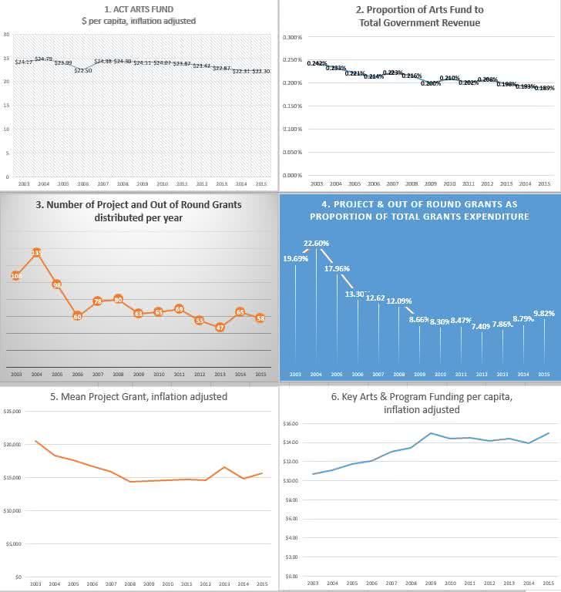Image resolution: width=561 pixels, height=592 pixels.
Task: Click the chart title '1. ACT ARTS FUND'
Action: pos(140,9)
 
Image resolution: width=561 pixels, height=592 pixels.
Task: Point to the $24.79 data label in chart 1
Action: pos(43,59)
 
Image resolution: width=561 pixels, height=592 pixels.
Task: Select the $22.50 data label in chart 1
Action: pos(83,70)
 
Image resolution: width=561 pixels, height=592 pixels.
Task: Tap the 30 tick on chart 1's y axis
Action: pos(6,35)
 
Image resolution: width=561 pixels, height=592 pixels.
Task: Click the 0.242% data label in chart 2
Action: pos(317,63)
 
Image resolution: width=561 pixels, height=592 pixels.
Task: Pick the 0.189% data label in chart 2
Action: pos(544,88)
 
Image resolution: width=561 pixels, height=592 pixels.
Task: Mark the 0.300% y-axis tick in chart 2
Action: pos(293,37)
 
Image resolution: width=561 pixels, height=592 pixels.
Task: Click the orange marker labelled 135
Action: pos(36,253)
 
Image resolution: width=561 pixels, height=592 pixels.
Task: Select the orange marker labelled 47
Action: pos(220,327)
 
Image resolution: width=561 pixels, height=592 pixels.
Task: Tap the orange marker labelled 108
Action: pos(16,275)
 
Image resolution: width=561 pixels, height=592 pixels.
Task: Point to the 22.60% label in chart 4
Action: pos(316,244)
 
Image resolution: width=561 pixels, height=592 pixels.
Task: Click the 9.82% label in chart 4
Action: pos(544,313)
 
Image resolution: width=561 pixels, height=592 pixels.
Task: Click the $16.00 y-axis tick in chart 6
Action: pos(290,423)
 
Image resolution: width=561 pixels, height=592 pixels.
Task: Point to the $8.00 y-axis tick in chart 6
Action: pos(291,499)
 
